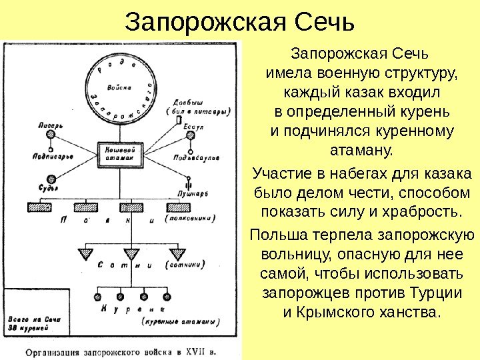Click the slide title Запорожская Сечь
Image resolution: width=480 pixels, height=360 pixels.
(239, 23)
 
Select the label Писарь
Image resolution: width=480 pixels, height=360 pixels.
(51, 125)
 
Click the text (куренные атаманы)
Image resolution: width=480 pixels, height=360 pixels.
(181, 321)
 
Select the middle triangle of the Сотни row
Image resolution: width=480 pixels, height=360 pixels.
(132, 253)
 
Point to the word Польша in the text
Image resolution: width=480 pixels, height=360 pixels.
(273, 236)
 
